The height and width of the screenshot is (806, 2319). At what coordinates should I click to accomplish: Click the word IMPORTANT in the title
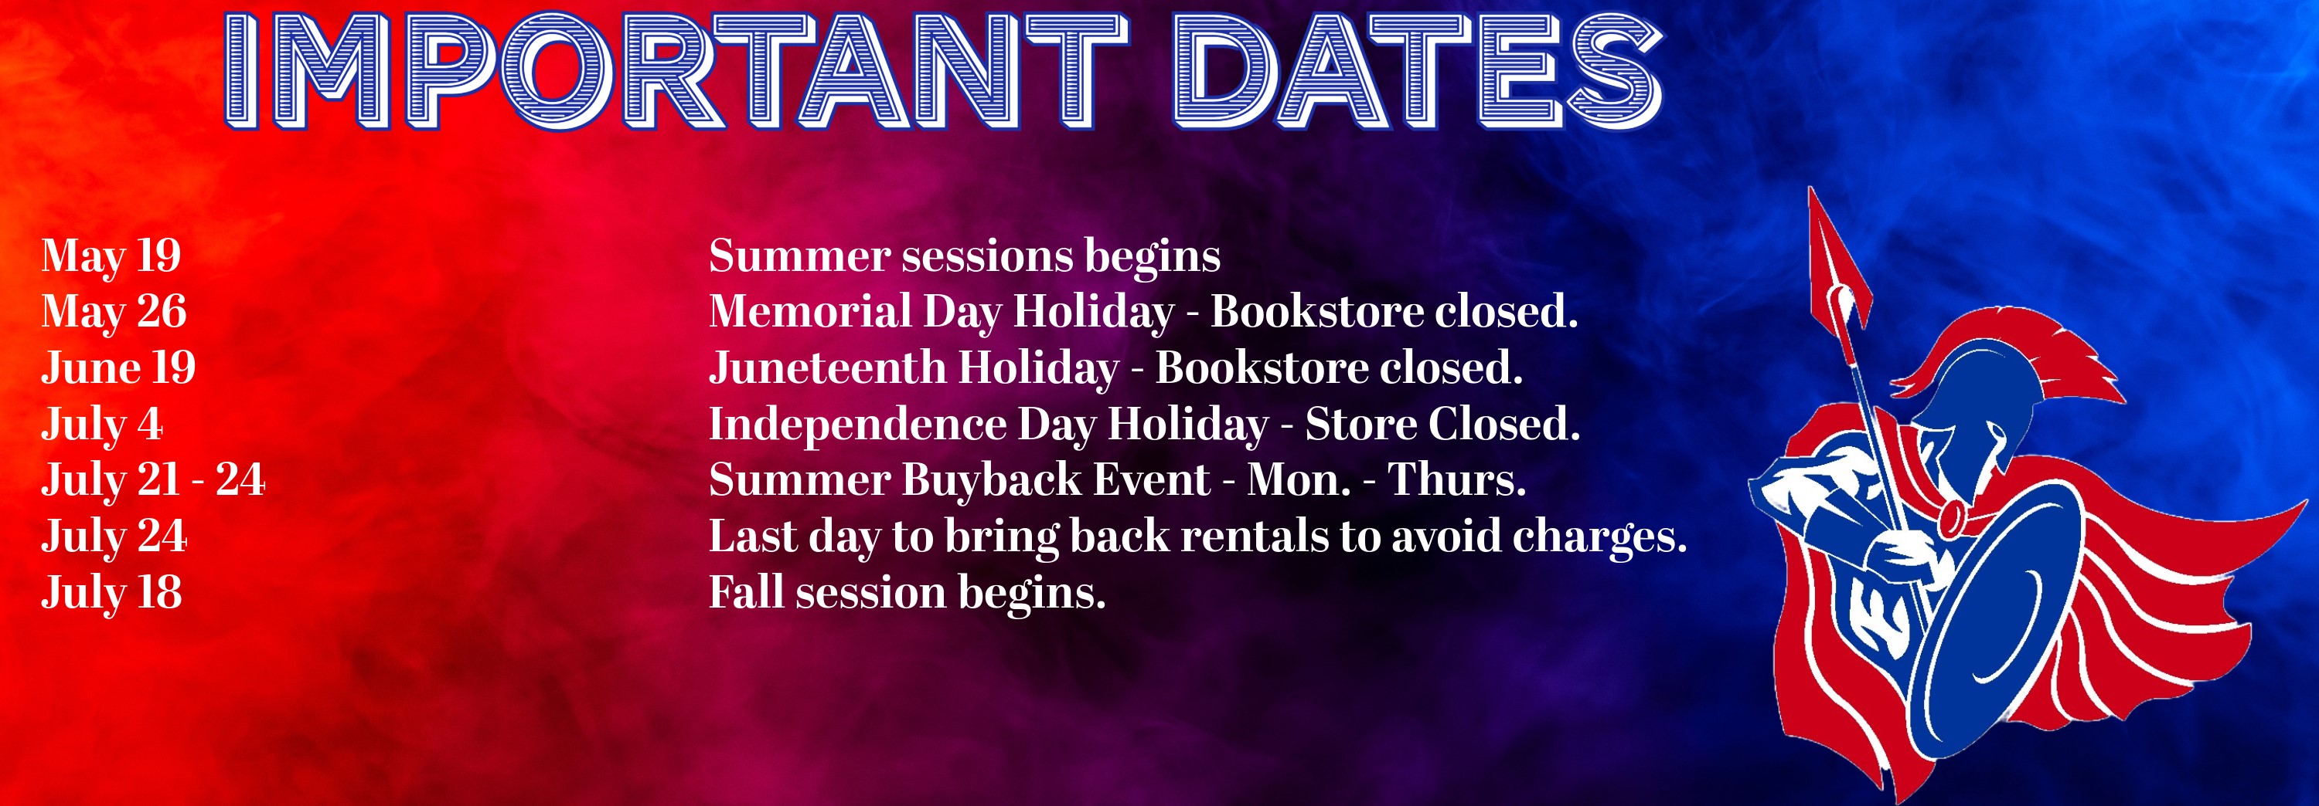pyautogui.click(x=675, y=70)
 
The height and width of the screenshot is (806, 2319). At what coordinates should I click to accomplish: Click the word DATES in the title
pyautogui.click(x=1418, y=70)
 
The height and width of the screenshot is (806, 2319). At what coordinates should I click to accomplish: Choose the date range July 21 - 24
pyautogui.click(x=153, y=480)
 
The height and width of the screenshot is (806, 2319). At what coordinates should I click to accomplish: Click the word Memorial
pyautogui.click(x=810, y=311)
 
